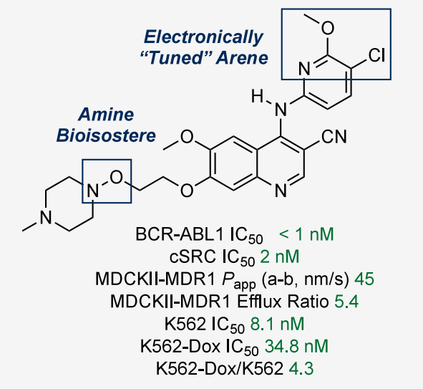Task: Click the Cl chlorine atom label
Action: click(376, 55)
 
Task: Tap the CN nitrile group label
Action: click(334, 137)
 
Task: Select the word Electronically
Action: click(204, 37)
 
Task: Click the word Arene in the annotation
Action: click(242, 58)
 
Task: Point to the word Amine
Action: click(106, 115)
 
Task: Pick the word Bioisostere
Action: click(106, 135)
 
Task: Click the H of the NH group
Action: click(257, 97)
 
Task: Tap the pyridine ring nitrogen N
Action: click(304, 69)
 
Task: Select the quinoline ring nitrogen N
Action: click(281, 191)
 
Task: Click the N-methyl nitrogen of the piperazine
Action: click(46, 217)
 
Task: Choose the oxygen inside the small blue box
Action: click(116, 178)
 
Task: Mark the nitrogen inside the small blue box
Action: click(92, 191)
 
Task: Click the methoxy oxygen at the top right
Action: click(328, 28)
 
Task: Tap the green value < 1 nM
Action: click(306, 234)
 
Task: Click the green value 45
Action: click(364, 279)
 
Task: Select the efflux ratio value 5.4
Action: click(346, 302)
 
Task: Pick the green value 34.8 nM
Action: click(296, 346)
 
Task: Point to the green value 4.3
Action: click(301, 368)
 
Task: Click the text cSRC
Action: click(193, 256)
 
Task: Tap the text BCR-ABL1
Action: click(180, 234)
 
